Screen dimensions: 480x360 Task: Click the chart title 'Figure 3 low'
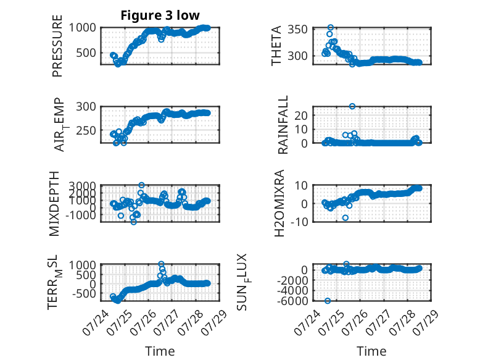160,15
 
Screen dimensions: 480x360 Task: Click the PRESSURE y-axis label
57,46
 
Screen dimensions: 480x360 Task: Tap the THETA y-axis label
276,46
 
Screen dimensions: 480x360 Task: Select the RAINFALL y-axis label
283,125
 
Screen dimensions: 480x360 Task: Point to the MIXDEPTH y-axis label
54,204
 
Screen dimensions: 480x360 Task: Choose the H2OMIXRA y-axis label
279,203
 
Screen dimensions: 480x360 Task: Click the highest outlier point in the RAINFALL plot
352,106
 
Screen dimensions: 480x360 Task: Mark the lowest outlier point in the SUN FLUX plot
328,301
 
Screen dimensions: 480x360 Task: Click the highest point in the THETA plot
330,28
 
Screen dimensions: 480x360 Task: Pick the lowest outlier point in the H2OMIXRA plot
346,218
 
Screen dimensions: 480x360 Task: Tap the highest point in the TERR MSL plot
161,264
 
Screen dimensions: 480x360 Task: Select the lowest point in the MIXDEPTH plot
133,222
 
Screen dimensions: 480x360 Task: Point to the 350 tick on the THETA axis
297,30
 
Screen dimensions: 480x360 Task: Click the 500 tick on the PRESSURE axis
86,52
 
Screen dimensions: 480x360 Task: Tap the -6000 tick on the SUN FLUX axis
292,301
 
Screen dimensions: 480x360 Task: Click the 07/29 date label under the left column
216,322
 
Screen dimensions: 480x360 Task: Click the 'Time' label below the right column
371,351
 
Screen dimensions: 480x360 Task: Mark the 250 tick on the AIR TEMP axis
86,130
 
